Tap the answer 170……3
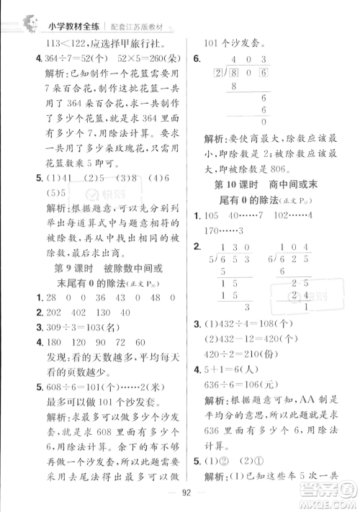(219, 230)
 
